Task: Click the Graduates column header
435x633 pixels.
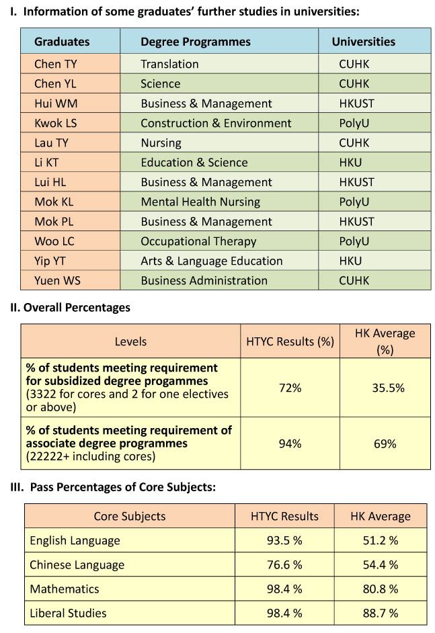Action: [62, 42]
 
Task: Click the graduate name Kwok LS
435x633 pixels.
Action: [55, 123]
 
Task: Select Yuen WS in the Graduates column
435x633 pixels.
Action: [57, 281]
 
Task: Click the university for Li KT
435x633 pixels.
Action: [350, 163]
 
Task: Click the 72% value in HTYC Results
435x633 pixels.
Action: [290, 388]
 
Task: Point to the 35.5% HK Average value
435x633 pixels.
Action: [388, 388]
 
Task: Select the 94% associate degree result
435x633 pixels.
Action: [290, 444]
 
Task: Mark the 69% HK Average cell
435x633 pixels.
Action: [385, 444]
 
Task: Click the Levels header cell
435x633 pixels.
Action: [130, 341]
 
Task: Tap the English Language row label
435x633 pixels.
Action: [75, 540]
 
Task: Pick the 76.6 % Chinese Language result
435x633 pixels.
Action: [284, 564]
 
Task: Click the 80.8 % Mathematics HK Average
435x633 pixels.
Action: [381, 589]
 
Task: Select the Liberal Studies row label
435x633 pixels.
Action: [68, 614]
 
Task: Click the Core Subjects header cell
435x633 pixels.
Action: [130, 516]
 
